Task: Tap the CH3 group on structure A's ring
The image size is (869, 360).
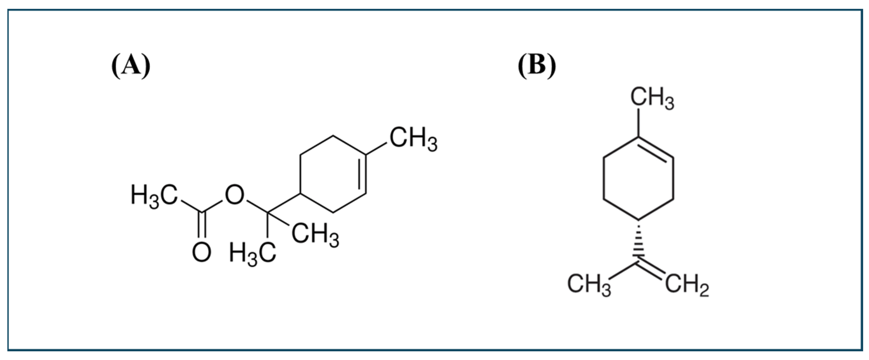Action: click(x=413, y=139)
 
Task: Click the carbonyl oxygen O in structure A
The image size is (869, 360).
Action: click(x=201, y=253)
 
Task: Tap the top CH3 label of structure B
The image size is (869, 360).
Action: click(x=652, y=98)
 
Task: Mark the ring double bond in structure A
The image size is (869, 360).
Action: click(x=364, y=174)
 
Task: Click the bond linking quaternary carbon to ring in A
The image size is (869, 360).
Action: click(x=283, y=203)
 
